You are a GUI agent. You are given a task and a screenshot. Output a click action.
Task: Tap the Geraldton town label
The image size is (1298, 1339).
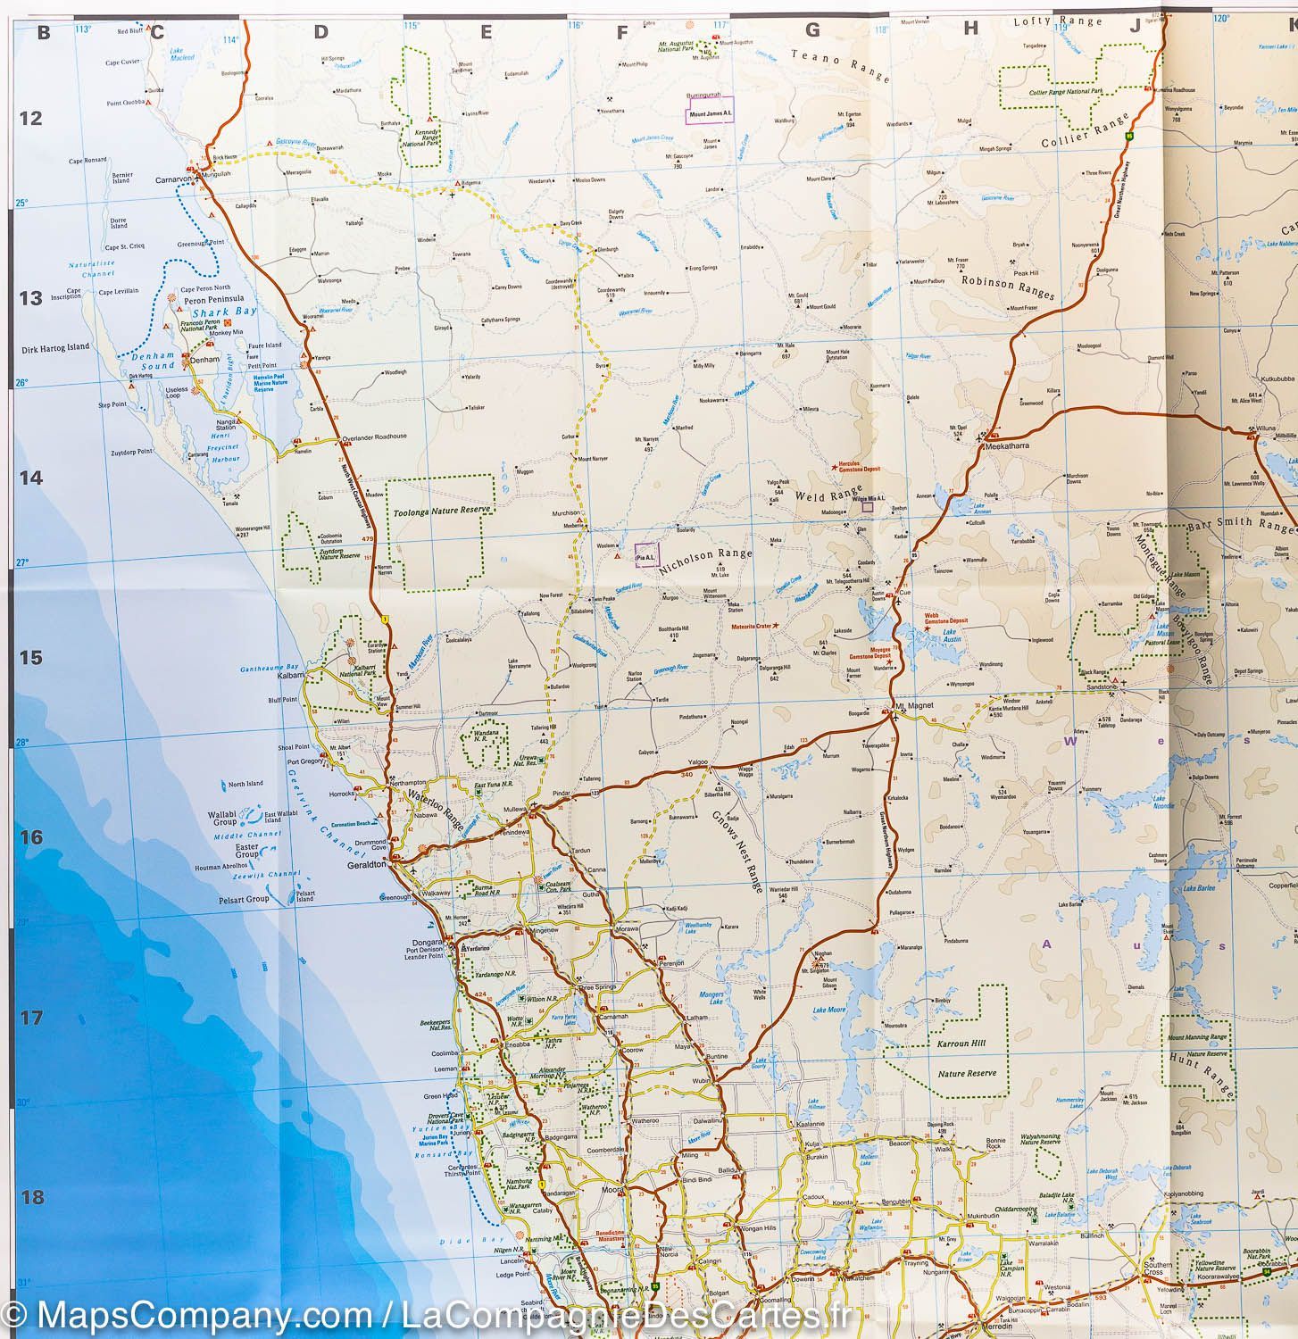click(366, 865)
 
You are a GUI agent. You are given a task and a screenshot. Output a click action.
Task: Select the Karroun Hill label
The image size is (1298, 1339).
click(959, 1043)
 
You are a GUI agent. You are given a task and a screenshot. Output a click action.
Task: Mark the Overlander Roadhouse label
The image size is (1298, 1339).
click(375, 437)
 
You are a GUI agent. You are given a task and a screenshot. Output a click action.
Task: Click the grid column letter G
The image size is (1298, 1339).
click(811, 29)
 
